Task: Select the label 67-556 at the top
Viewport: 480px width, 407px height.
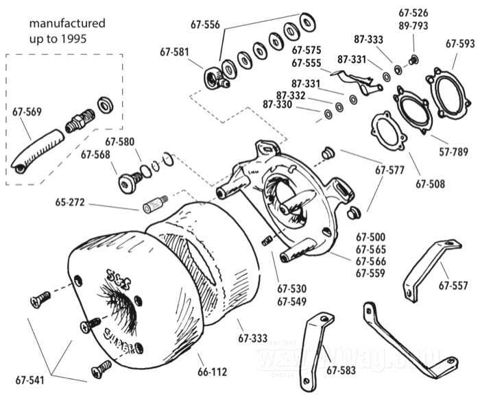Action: [x=205, y=25]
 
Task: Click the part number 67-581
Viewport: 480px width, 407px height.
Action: [x=174, y=51]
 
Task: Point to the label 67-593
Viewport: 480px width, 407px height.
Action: [x=460, y=43]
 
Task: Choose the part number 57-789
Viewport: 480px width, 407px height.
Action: [x=454, y=151]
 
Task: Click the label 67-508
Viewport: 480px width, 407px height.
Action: [x=430, y=184]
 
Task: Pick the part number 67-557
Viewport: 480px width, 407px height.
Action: [x=453, y=284]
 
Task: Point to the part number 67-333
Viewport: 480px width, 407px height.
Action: [x=252, y=338]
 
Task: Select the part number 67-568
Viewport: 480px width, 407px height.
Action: [x=95, y=154]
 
